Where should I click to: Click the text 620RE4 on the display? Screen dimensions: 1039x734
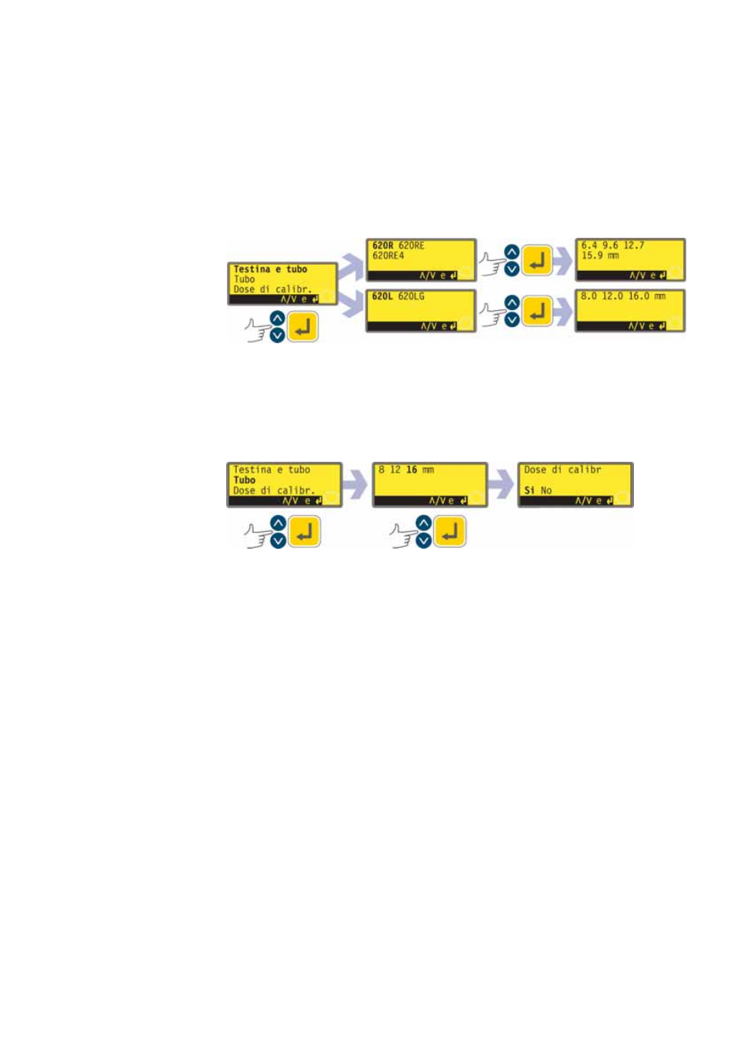pos(388,256)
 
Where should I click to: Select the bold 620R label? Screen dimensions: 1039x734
pos(382,246)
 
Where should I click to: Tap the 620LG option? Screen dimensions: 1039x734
pos(411,296)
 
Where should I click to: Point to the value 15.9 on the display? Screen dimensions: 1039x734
pos(592,256)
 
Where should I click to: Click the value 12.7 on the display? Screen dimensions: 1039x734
pos(634,246)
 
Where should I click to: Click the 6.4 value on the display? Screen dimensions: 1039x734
pos(589,246)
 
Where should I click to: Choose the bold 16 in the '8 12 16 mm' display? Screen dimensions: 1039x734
pos(412,469)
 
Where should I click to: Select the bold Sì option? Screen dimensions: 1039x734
pos(529,490)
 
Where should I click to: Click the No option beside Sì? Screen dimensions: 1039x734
pos(546,490)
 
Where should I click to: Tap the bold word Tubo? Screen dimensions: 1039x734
pos(244,479)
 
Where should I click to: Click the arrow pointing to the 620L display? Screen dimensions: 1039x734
pos(351,304)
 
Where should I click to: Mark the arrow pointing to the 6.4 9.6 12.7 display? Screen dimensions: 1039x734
pos(563,262)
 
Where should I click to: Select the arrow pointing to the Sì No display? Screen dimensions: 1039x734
pos(501,484)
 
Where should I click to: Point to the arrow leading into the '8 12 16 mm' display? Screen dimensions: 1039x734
pos(355,484)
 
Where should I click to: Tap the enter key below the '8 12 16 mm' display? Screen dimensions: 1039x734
pos(450,532)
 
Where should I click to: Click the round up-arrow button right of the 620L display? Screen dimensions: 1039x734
pos(512,302)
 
